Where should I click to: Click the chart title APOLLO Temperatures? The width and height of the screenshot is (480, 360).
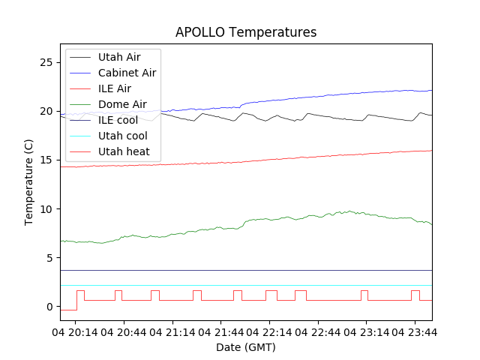246,32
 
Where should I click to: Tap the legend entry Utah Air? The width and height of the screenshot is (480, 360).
118,56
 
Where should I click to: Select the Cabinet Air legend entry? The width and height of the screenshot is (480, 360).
127,73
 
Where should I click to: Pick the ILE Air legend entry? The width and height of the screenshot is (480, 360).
114,88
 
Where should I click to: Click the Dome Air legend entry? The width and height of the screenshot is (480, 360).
122,104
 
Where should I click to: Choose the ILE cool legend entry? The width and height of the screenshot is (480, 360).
118,120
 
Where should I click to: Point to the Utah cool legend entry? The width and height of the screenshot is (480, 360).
122,136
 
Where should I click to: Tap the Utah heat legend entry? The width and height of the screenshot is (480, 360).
124,151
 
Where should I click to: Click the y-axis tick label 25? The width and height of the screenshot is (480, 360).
46,62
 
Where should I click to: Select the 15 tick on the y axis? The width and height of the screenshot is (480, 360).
46,160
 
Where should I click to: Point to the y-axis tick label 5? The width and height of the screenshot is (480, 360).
49,258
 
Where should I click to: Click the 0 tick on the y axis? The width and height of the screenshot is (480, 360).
49,307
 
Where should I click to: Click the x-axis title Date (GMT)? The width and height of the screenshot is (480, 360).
246,347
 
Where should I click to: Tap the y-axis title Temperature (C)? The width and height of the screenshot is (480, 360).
29,182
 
